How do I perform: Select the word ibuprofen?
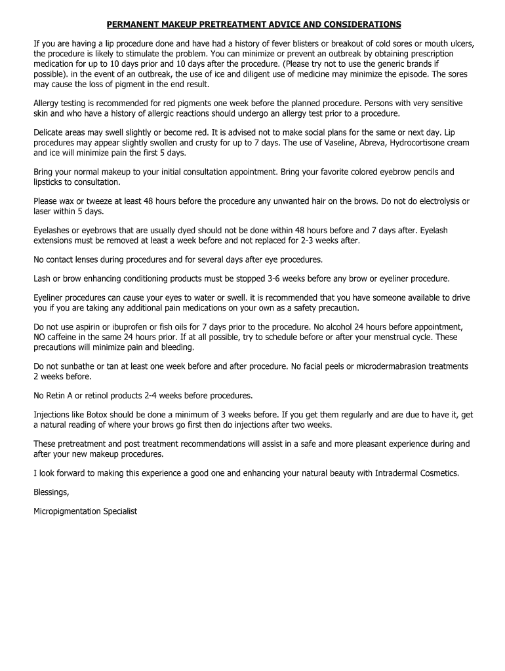131,326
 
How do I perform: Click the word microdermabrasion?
386,366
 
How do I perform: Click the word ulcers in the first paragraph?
460,43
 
